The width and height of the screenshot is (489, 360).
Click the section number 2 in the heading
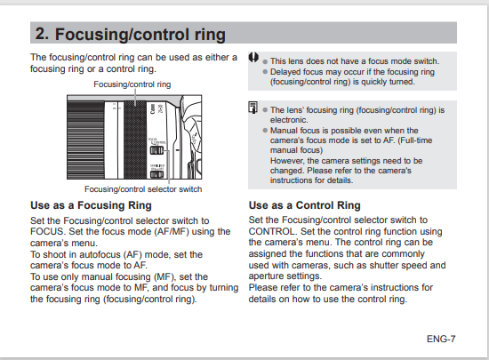point(42,34)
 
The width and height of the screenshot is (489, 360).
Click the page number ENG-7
point(441,339)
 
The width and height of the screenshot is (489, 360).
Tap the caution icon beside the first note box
point(253,58)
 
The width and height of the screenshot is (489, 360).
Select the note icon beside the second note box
point(253,108)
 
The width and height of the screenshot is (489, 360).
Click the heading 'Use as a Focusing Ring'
point(91,205)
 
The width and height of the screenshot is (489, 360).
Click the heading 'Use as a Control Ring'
point(304,205)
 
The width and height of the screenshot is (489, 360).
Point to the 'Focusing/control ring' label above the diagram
point(132,84)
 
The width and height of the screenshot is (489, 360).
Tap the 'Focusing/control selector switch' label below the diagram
point(143,189)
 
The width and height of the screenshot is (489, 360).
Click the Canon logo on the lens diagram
point(153,109)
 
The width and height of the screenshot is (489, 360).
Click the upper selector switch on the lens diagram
point(156,150)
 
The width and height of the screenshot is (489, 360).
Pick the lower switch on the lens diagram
point(156,174)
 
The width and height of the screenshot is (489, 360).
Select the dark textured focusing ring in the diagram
point(135,140)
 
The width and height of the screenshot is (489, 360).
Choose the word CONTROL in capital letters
point(271,232)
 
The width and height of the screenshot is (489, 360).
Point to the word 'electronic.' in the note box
point(289,120)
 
